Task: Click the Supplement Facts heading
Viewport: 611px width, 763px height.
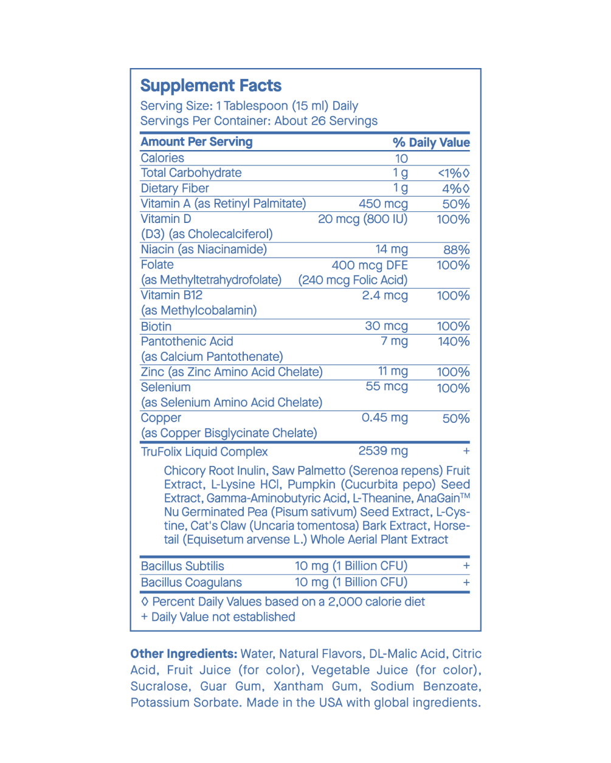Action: (x=211, y=86)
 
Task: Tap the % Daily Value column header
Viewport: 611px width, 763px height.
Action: (x=431, y=143)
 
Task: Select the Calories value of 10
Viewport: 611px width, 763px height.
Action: (x=401, y=159)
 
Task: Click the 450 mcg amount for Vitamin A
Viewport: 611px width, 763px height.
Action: (x=383, y=204)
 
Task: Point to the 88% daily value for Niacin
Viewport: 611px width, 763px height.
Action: (x=456, y=250)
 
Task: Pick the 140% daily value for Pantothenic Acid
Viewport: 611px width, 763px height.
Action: (x=454, y=341)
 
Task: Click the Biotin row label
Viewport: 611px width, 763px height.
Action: (x=156, y=326)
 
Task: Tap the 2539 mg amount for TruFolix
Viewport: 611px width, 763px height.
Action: (x=383, y=451)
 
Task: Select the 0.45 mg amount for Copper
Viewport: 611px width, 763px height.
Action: (x=385, y=418)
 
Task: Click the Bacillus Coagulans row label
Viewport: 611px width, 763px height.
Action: (x=191, y=583)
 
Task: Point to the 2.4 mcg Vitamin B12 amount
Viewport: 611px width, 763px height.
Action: (x=385, y=296)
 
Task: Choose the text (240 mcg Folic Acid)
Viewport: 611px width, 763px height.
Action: (x=353, y=280)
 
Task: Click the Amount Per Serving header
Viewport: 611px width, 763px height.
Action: (x=196, y=142)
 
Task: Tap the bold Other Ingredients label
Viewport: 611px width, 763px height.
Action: (x=184, y=654)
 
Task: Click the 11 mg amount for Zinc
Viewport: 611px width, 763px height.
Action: (x=393, y=372)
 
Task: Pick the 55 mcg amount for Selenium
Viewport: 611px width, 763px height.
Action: (x=387, y=387)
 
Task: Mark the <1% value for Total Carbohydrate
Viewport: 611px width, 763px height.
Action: (x=454, y=173)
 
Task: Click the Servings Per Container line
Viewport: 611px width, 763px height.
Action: (x=258, y=121)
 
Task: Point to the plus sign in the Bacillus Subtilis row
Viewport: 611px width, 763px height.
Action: (x=466, y=566)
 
